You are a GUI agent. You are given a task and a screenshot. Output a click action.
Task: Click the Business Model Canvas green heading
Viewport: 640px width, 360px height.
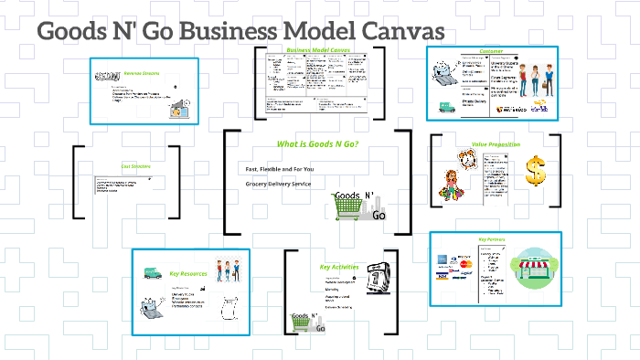[318, 50]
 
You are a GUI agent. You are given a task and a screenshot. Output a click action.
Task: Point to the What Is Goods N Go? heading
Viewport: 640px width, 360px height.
[318, 144]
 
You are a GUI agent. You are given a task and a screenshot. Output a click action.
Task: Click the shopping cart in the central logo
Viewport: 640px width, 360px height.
[347, 209]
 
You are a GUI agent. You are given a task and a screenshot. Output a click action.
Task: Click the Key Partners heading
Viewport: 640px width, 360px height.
[493, 239]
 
